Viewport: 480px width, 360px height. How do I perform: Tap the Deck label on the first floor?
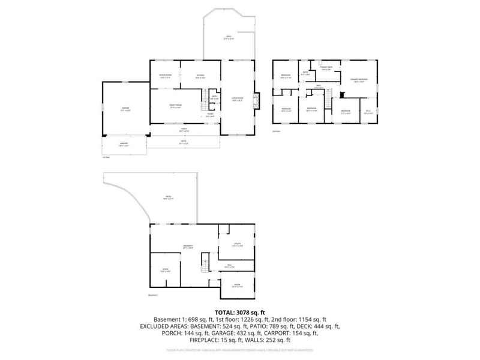point(229,38)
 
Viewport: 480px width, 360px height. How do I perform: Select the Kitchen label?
point(200,76)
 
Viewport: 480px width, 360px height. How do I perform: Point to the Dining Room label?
point(165,76)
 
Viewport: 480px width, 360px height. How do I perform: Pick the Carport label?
point(124,145)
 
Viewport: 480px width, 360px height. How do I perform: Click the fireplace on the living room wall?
point(257,100)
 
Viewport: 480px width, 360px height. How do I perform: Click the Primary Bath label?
point(326,68)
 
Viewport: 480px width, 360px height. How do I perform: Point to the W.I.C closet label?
point(368,112)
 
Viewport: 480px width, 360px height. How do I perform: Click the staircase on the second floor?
point(328,103)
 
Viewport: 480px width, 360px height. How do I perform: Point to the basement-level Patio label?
point(169,197)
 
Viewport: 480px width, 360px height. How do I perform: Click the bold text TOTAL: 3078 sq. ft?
point(239,312)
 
